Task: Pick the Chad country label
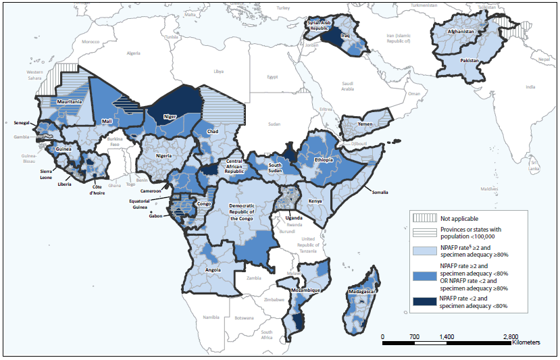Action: tap(212, 132)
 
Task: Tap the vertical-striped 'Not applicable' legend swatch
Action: tap(425, 218)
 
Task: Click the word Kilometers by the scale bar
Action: tap(526, 343)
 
